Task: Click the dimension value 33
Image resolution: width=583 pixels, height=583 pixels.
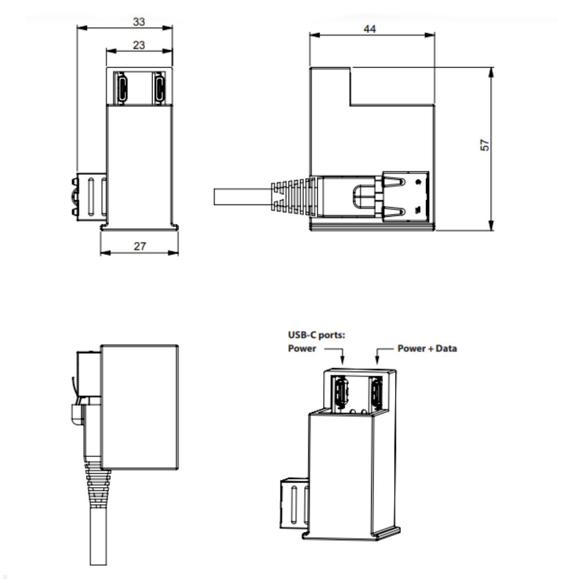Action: (x=139, y=22)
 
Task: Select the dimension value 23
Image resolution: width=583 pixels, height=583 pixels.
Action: (x=139, y=45)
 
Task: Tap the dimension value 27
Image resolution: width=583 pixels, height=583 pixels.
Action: (x=140, y=246)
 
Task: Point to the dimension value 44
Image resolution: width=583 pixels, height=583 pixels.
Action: (x=370, y=29)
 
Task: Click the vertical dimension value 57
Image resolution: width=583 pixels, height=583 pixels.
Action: (x=485, y=145)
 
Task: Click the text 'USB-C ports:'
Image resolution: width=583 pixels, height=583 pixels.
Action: (x=316, y=335)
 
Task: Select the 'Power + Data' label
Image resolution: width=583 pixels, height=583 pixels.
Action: (x=427, y=348)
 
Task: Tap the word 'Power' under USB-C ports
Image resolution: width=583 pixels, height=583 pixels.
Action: (x=302, y=348)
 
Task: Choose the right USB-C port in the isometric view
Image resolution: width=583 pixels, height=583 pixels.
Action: (x=377, y=394)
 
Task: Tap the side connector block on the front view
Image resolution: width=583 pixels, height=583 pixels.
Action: (x=89, y=197)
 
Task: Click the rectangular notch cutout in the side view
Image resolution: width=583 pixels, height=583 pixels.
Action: (x=392, y=86)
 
